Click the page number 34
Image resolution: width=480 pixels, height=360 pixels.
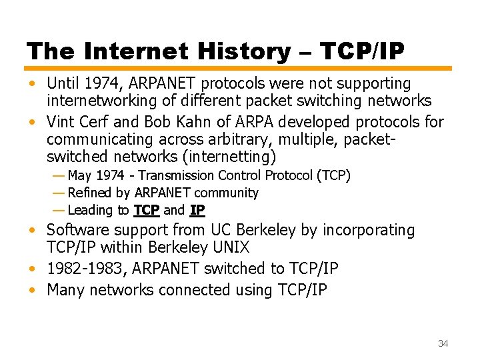point(443,343)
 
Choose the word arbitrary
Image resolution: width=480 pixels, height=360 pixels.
point(242,140)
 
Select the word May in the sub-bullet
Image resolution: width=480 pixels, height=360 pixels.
point(80,175)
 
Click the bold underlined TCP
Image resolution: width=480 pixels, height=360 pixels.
point(147,210)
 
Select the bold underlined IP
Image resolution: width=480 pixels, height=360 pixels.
point(197,210)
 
